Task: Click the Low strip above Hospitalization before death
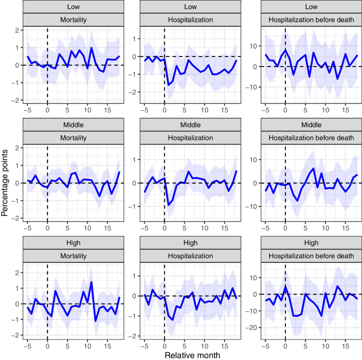coord(305,7)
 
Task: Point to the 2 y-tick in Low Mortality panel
coord(18,30)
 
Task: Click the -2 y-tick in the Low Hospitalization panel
coord(134,92)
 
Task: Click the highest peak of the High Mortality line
coord(91,282)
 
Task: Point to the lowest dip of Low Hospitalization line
coord(169,84)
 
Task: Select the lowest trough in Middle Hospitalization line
coord(169,205)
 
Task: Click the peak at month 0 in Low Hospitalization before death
coord(285,50)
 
